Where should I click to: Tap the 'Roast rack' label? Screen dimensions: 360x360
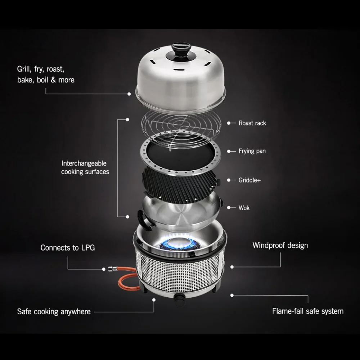pos(252,123)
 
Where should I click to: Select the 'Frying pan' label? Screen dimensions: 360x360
pos(252,151)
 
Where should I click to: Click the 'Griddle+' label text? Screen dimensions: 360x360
pos(249,180)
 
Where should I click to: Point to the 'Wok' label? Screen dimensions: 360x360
pos(244,208)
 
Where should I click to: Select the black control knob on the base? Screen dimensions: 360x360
pos(180,298)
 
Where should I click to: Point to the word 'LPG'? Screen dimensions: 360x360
pos(88,248)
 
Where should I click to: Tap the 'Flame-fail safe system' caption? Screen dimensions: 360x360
pos(308,311)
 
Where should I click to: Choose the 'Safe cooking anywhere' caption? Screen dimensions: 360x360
pos(54,312)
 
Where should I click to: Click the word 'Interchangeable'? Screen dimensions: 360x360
pos(84,163)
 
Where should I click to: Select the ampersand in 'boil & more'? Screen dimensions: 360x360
pos(53,80)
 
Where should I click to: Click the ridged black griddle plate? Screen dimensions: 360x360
pos(181,184)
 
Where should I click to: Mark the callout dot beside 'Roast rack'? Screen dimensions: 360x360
pos(229,123)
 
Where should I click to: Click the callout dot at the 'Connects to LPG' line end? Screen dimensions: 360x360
pos(104,269)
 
